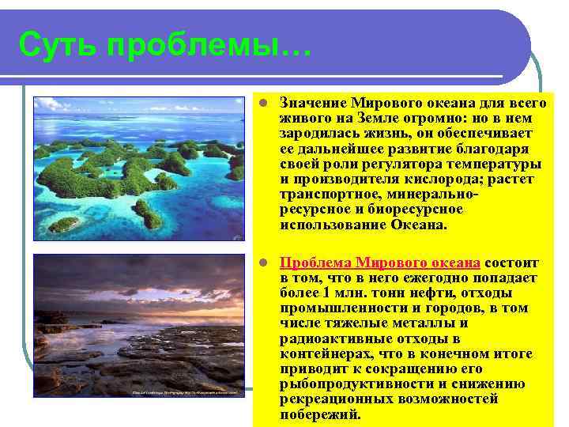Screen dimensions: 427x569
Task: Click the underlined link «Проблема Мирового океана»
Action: [x=379, y=263]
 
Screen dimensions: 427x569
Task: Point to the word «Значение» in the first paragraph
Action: [x=314, y=103]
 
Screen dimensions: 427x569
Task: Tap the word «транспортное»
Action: [x=324, y=195]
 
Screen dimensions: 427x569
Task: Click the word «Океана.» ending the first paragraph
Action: [x=419, y=225]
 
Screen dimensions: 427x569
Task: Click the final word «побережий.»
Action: [x=319, y=414]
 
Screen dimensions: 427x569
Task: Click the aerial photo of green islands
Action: [x=139, y=168]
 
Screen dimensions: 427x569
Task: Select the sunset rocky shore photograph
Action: [x=139, y=324]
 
